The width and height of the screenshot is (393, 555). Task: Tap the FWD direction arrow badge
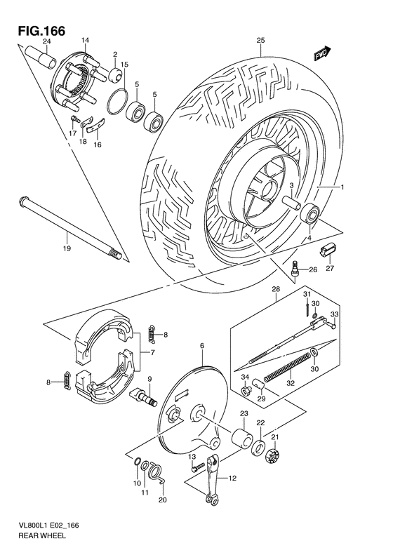tap(322, 55)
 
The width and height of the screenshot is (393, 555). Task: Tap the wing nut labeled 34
tap(246, 388)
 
